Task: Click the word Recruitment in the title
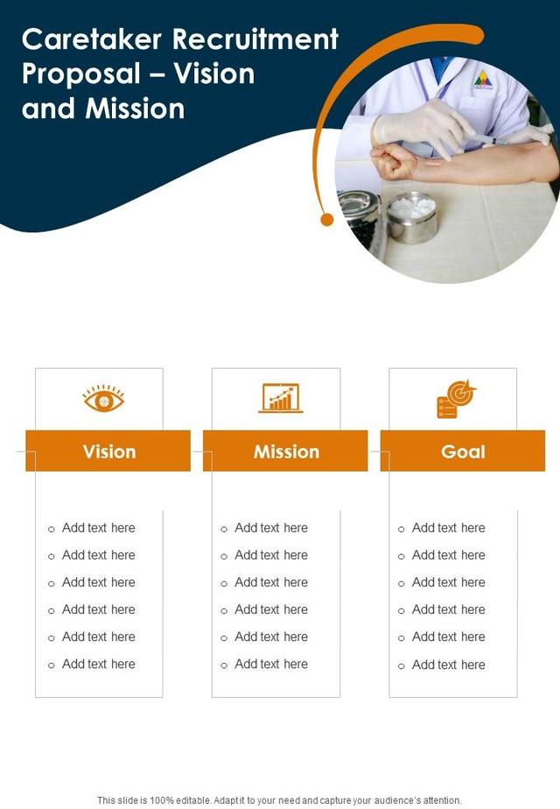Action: [x=256, y=39]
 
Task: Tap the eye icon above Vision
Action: [x=103, y=399]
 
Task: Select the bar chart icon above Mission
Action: [x=281, y=398]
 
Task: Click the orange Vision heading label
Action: [x=108, y=452]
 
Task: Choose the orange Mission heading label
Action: [x=286, y=452]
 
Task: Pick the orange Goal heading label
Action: [x=463, y=452]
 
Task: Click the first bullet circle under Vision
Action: [x=51, y=529]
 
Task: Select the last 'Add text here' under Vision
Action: [x=98, y=665]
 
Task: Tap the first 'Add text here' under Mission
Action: [x=271, y=528]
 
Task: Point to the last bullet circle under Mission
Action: [x=224, y=665]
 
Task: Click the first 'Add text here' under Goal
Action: [x=448, y=528]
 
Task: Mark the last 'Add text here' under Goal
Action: [x=448, y=665]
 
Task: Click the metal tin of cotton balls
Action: [x=411, y=217]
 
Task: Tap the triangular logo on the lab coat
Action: [x=483, y=81]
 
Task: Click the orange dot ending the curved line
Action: [x=327, y=219]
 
